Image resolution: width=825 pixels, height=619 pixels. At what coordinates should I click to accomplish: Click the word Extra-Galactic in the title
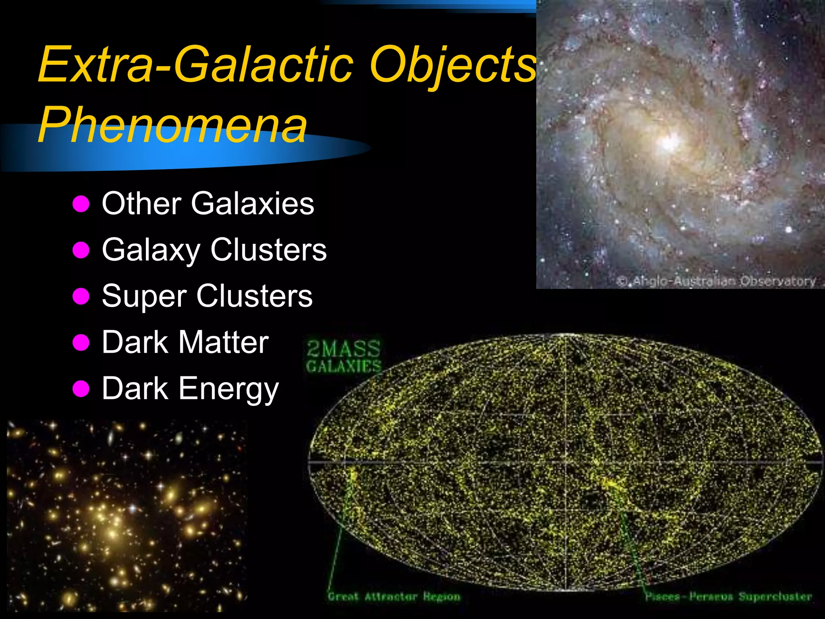click(195, 64)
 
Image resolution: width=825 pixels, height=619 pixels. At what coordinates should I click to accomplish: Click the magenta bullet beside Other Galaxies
click(81, 204)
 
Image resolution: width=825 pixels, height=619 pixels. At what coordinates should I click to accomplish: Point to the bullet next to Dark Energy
click(81, 389)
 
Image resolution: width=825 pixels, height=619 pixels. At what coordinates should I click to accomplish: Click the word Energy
click(228, 389)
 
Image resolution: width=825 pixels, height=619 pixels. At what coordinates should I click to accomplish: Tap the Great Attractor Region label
click(394, 597)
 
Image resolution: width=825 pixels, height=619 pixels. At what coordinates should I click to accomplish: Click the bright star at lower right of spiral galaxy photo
click(789, 230)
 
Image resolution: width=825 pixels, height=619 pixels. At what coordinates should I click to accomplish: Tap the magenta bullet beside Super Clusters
click(81, 297)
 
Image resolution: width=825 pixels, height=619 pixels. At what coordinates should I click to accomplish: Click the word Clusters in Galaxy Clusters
click(268, 250)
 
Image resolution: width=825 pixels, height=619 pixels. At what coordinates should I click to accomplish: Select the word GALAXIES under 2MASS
click(344, 366)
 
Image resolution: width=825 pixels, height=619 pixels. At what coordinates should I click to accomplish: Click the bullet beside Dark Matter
click(81, 343)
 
